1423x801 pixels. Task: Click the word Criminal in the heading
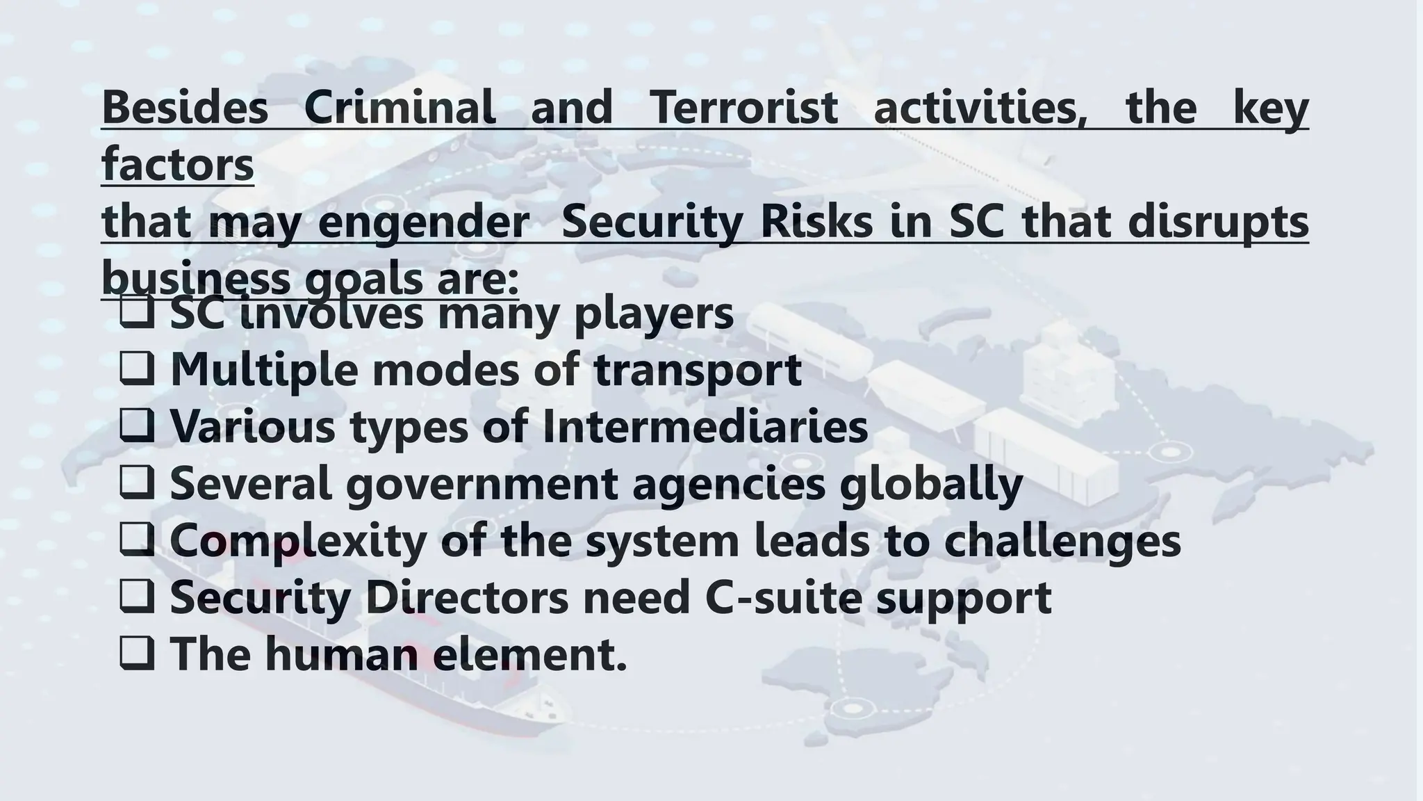click(400, 108)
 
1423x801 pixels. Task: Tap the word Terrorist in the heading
click(743, 108)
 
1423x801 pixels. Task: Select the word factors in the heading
click(178, 165)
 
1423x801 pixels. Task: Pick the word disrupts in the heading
click(1218, 222)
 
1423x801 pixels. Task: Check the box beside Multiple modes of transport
click(137, 369)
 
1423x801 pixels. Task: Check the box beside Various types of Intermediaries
click(137, 426)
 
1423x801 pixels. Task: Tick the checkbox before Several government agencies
click(137, 483)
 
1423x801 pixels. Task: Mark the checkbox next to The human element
click(137, 654)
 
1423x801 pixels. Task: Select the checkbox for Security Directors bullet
click(137, 597)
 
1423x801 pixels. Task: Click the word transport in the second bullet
click(698, 369)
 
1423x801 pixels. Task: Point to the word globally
click(931, 483)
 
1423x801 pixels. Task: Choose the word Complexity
click(297, 540)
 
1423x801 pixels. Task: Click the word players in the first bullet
click(653, 314)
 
